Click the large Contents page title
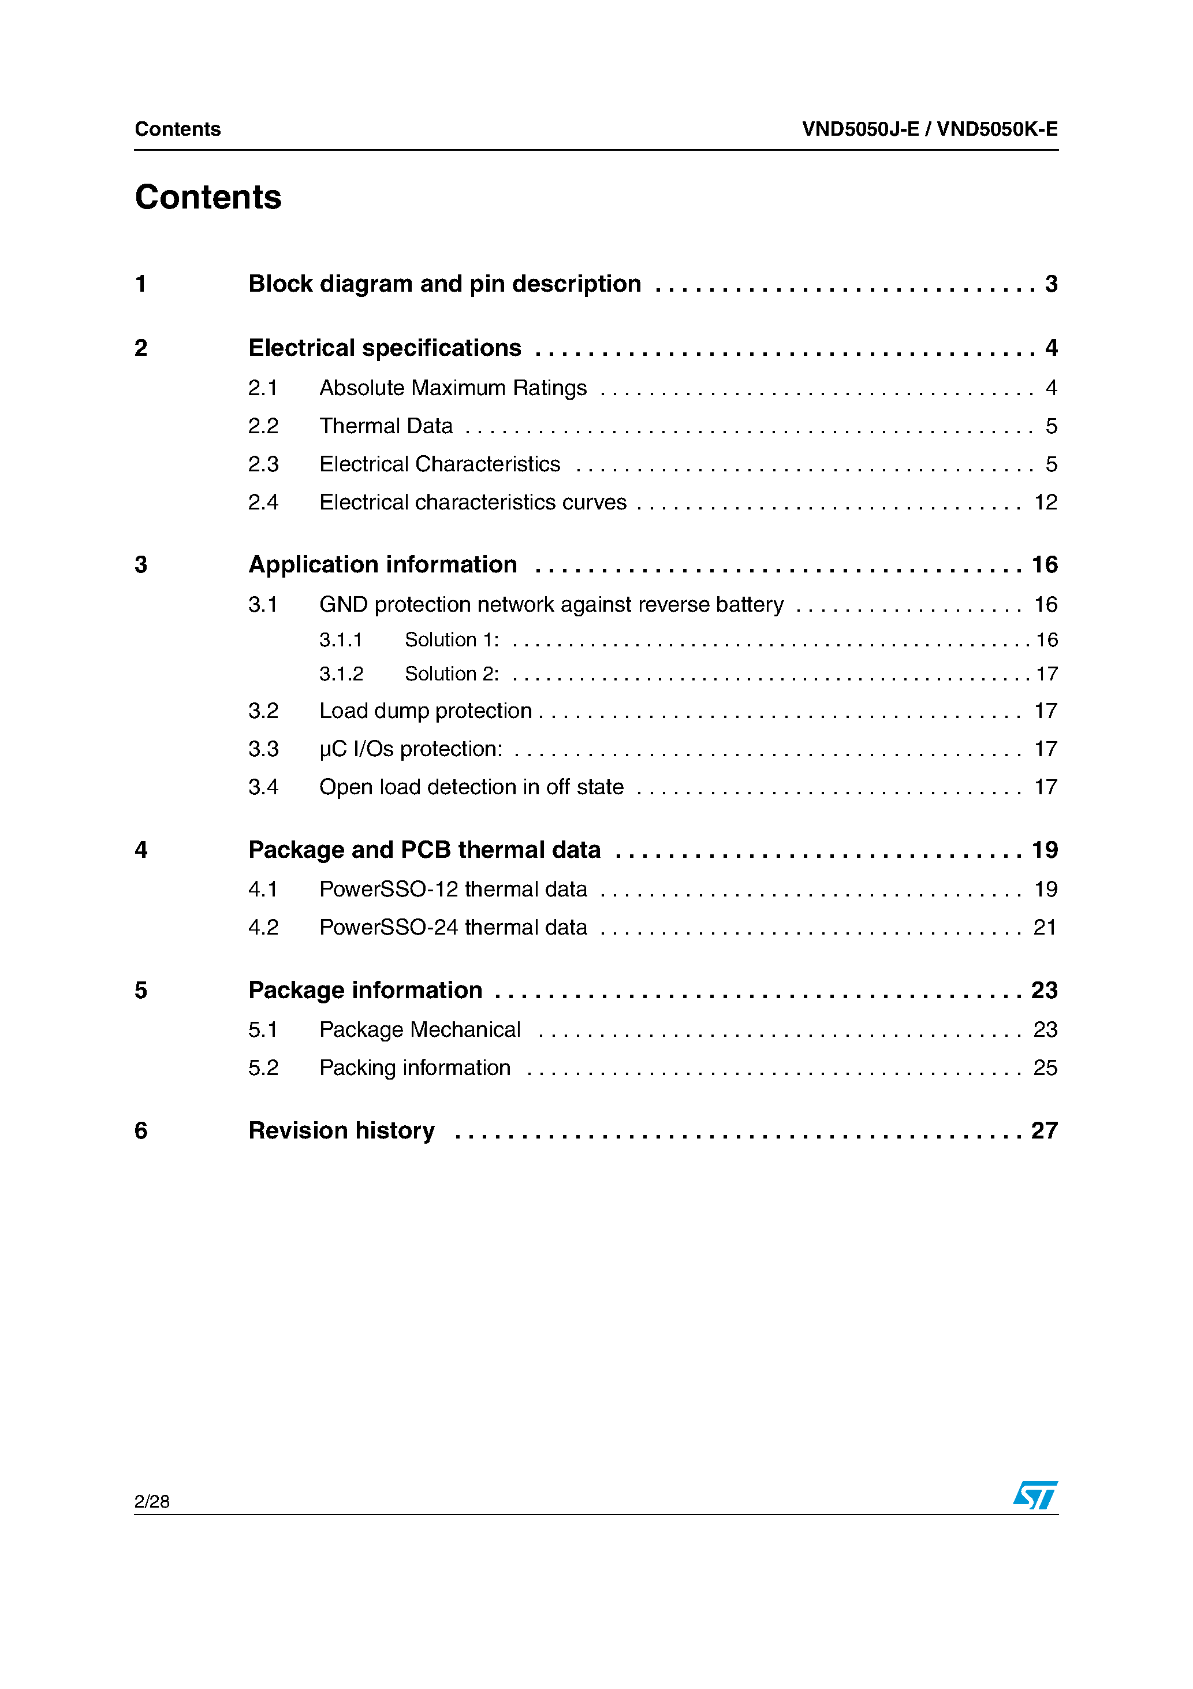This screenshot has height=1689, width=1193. [208, 197]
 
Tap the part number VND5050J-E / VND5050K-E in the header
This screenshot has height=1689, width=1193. [930, 129]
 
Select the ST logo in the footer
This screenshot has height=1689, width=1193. [1035, 1495]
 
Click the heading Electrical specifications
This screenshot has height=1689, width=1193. [385, 348]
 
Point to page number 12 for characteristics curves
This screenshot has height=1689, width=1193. [1045, 503]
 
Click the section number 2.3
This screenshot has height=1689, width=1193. [263, 464]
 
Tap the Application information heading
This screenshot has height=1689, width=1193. [382, 565]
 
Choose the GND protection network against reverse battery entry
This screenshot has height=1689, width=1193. [551, 605]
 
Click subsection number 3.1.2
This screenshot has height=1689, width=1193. [341, 674]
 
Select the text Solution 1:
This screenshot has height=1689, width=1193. [452, 640]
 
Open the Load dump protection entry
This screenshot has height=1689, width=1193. [425, 710]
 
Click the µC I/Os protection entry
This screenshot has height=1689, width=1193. [411, 749]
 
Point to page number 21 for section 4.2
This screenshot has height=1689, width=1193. [1045, 928]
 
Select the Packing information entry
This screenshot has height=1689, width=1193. [415, 1068]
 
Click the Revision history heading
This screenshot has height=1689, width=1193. [341, 1130]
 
